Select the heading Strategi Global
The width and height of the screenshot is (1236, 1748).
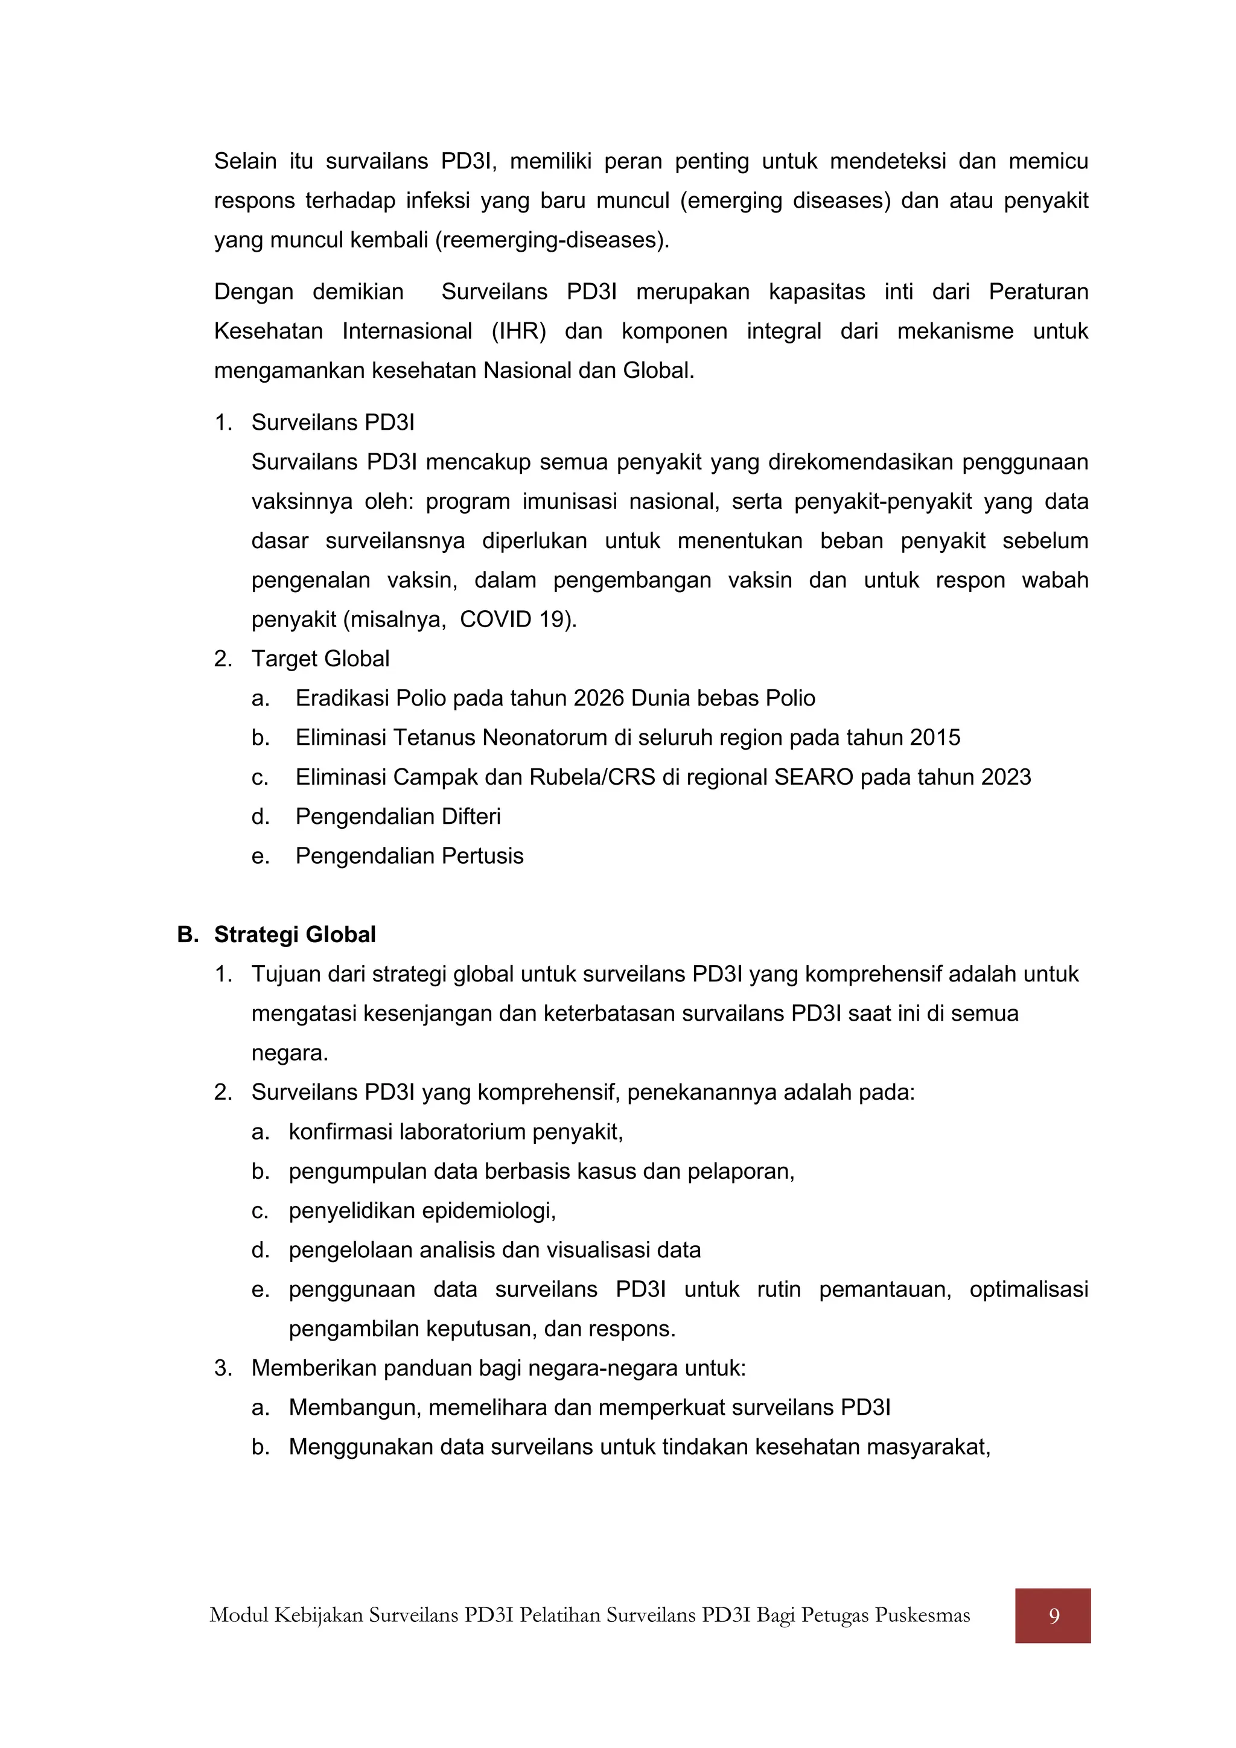[295, 935]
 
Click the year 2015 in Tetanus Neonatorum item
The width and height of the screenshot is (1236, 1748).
[935, 738]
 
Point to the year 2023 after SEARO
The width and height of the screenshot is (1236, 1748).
[1005, 777]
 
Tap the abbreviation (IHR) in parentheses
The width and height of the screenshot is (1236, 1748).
[518, 332]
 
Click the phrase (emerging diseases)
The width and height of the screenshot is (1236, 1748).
[784, 201]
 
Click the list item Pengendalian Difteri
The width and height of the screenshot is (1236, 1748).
[398, 817]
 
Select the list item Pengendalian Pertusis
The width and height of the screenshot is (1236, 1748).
[409, 856]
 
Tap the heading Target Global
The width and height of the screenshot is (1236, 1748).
[320, 659]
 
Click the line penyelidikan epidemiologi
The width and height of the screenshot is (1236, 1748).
[422, 1211]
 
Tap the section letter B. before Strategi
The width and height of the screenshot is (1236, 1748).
[187, 935]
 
